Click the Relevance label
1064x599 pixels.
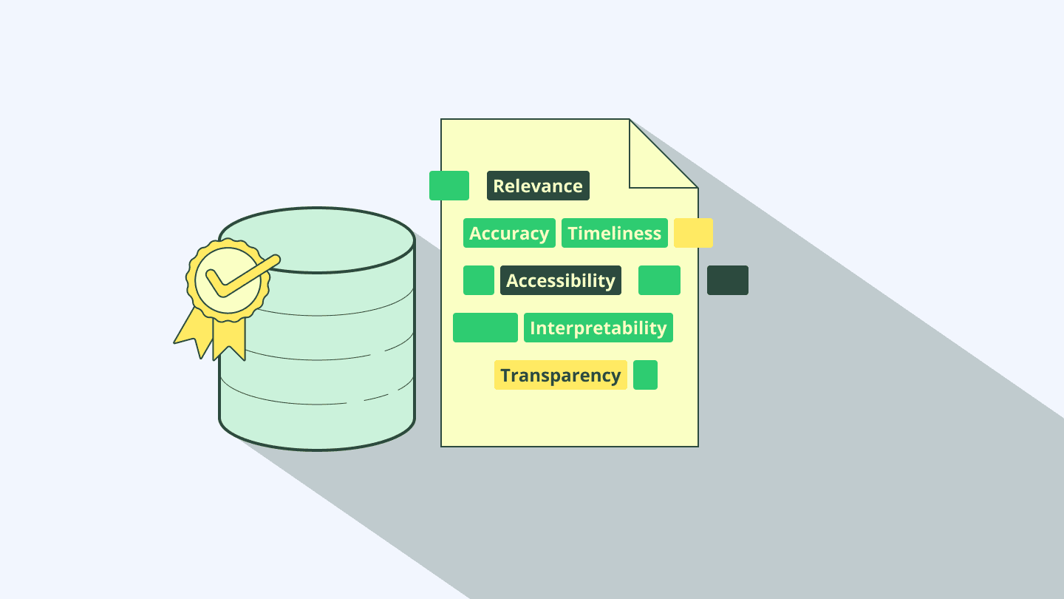538,186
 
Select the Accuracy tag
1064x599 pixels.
509,233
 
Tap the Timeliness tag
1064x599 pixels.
614,233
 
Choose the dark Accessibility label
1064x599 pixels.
560,280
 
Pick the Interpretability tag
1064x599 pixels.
598,328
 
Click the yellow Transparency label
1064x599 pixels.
560,375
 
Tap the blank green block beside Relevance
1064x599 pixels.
449,186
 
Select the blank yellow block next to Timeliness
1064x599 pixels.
693,233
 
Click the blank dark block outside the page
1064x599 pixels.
727,280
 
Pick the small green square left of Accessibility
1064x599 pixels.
479,280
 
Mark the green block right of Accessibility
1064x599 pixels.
659,280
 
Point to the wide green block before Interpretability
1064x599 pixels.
485,328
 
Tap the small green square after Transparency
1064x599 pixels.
645,375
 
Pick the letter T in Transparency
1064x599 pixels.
506,375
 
